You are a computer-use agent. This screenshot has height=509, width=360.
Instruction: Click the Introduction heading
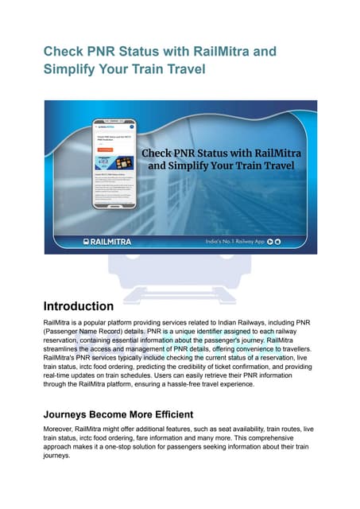(78, 305)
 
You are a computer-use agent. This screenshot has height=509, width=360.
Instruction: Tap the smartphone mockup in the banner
(114, 163)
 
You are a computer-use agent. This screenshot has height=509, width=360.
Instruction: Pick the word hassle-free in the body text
(200, 384)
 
